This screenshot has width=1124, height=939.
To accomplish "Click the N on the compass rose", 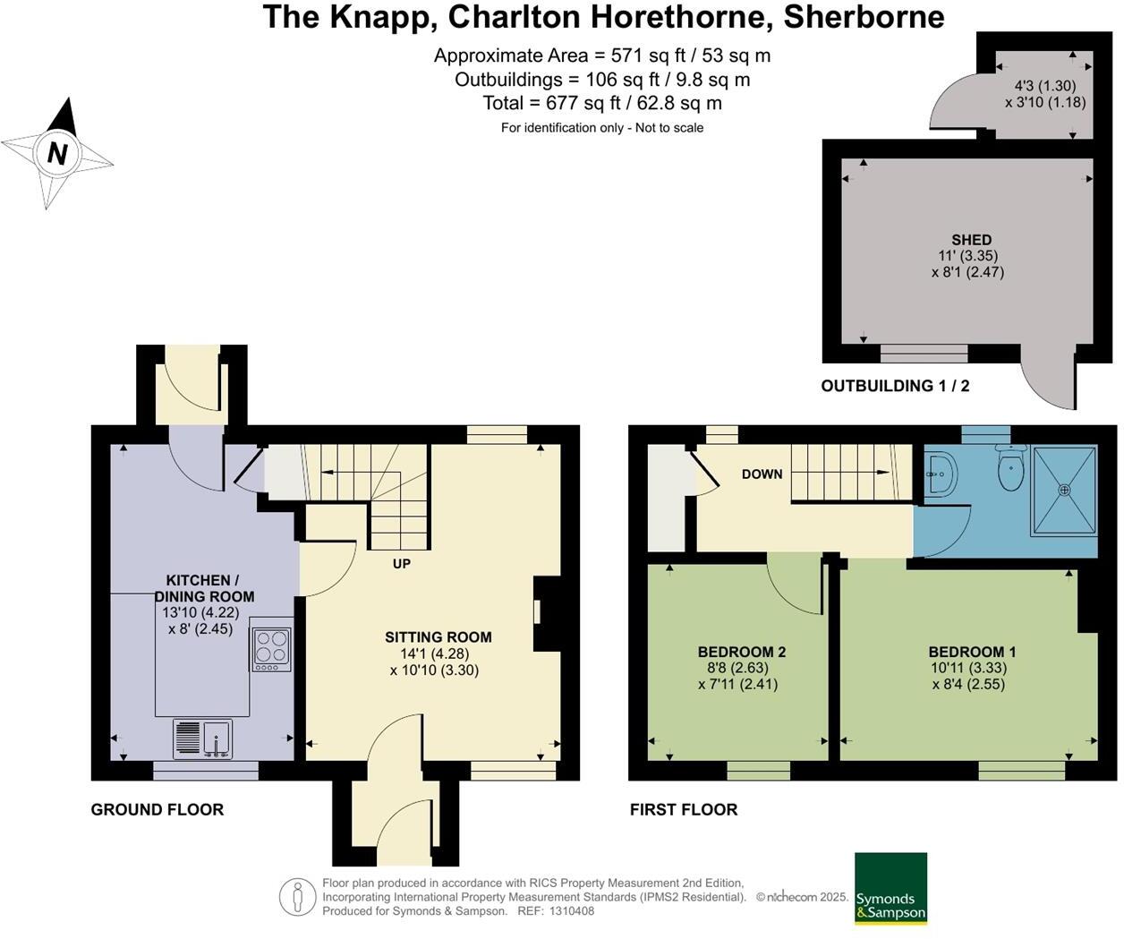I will (x=57, y=154).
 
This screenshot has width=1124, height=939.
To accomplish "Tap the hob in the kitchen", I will (x=272, y=649).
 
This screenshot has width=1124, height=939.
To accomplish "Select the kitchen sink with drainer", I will (x=202, y=739).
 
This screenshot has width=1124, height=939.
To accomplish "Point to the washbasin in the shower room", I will (x=940, y=472).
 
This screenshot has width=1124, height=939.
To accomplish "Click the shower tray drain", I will (x=1064, y=490).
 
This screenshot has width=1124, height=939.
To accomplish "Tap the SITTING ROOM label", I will (x=438, y=637).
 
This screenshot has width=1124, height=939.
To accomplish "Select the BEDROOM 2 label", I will (x=741, y=652).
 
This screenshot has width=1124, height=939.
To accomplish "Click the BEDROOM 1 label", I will (x=972, y=652).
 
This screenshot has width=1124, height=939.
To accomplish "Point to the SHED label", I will (x=971, y=240).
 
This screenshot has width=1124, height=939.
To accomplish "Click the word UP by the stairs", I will (x=402, y=564).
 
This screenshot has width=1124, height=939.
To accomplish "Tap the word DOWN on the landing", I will (x=762, y=474).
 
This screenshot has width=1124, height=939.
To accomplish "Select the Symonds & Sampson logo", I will (x=890, y=888).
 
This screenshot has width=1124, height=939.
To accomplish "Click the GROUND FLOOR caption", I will (x=158, y=809).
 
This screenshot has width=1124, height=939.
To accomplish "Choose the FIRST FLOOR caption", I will (x=684, y=809).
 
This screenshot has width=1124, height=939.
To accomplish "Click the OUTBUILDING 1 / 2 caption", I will (x=895, y=386).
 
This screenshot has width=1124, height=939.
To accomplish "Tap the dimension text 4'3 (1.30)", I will (x=1044, y=86).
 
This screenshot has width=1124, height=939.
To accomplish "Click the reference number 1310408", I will (x=571, y=911).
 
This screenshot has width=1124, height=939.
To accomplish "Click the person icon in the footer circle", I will (x=297, y=896).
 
